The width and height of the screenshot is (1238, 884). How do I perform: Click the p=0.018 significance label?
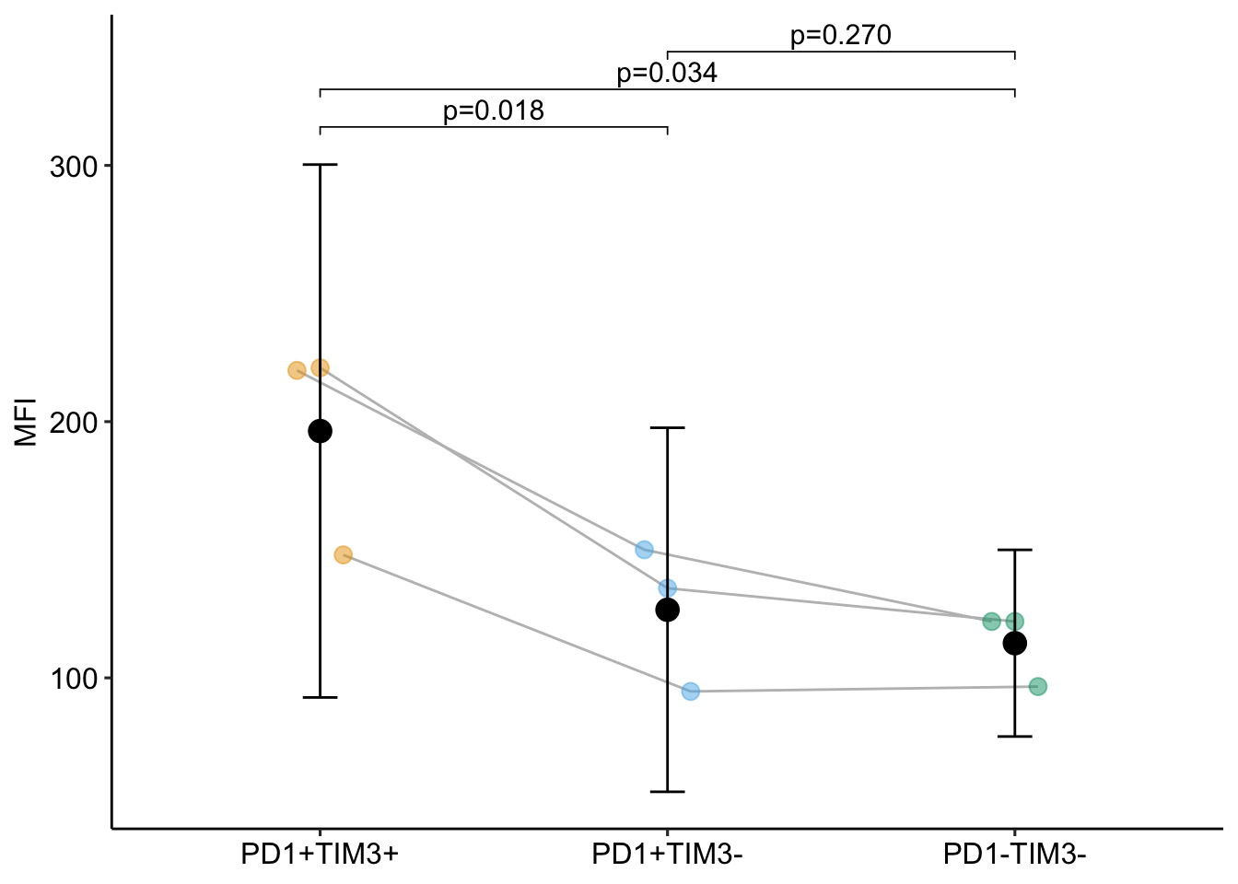click(x=494, y=111)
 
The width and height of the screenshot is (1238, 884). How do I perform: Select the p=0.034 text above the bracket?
click(x=667, y=73)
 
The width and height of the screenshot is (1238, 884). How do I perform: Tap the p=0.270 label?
click(x=840, y=36)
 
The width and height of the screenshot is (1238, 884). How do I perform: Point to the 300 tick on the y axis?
click(x=73, y=167)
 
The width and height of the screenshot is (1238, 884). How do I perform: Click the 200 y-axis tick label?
click(x=73, y=423)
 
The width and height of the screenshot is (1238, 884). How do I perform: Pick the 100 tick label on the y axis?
click(x=73, y=679)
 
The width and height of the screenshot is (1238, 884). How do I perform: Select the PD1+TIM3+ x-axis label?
click(x=320, y=855)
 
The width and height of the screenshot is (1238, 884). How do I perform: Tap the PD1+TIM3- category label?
click(x=667, y=855)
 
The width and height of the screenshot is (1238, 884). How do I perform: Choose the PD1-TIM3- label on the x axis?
click(x=1014, y=855)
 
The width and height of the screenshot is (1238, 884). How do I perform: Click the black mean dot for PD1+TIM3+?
click(x=320, y=431)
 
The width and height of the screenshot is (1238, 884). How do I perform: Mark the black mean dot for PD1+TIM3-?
click(x=667, y=610)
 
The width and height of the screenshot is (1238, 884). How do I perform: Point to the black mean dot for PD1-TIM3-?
click(x=1014, y=643)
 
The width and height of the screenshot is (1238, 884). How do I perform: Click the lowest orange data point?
click(x=343, y=554)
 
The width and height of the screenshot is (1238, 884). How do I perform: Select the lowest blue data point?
click(x=690, y=691)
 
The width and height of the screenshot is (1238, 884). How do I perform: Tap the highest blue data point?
click(x=644, y=550)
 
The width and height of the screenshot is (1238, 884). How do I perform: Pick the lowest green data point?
click(x=1037, y=686)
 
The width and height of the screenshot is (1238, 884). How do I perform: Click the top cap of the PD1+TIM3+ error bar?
click(x=320, y=165)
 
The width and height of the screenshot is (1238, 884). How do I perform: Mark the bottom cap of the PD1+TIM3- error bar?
click(x=667, y=792)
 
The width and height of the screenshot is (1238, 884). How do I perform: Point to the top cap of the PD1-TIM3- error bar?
click(x=1014, y=550)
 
